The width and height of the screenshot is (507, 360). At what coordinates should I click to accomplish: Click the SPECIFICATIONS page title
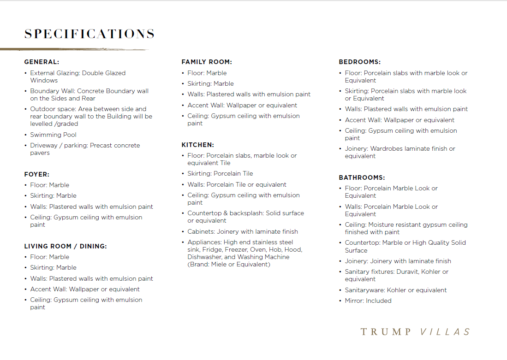(x=89, y=34)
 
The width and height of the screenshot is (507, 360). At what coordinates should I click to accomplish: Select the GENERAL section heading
(x=42, y=62)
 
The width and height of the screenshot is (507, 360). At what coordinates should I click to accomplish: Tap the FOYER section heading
(x=36, y=174)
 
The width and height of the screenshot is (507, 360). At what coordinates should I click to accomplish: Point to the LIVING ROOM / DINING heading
(x=66, y=246)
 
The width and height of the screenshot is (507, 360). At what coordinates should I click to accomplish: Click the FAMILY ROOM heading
(x=207, y=62)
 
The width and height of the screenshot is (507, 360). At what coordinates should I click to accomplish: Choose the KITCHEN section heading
(x=197, y=145)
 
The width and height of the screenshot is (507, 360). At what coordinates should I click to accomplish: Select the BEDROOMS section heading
(x=360, y=62)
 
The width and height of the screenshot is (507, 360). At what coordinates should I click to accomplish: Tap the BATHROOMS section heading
(x=362, y=177)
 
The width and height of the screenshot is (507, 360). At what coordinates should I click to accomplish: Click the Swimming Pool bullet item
(x=53, y=135)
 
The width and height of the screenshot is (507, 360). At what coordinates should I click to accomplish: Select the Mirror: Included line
(x=368, y=301)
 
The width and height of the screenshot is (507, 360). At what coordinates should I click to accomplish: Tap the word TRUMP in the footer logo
(x=386, y=332)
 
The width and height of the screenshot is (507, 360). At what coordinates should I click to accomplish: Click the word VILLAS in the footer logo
(x=446, y=332)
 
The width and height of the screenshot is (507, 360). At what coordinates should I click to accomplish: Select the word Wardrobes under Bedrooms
(x=387, y=148)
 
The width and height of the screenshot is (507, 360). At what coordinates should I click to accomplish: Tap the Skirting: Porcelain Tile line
(x=220, y=173)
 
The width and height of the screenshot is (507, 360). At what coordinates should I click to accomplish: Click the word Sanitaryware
(x=364, y=290)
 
